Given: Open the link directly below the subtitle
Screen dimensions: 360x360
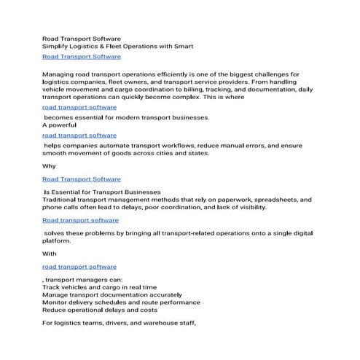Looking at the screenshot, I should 82,56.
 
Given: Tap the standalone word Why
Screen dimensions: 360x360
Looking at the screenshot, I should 49,165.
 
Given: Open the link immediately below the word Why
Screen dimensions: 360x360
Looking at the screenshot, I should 82,179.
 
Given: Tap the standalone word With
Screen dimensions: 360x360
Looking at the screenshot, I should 49,254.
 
